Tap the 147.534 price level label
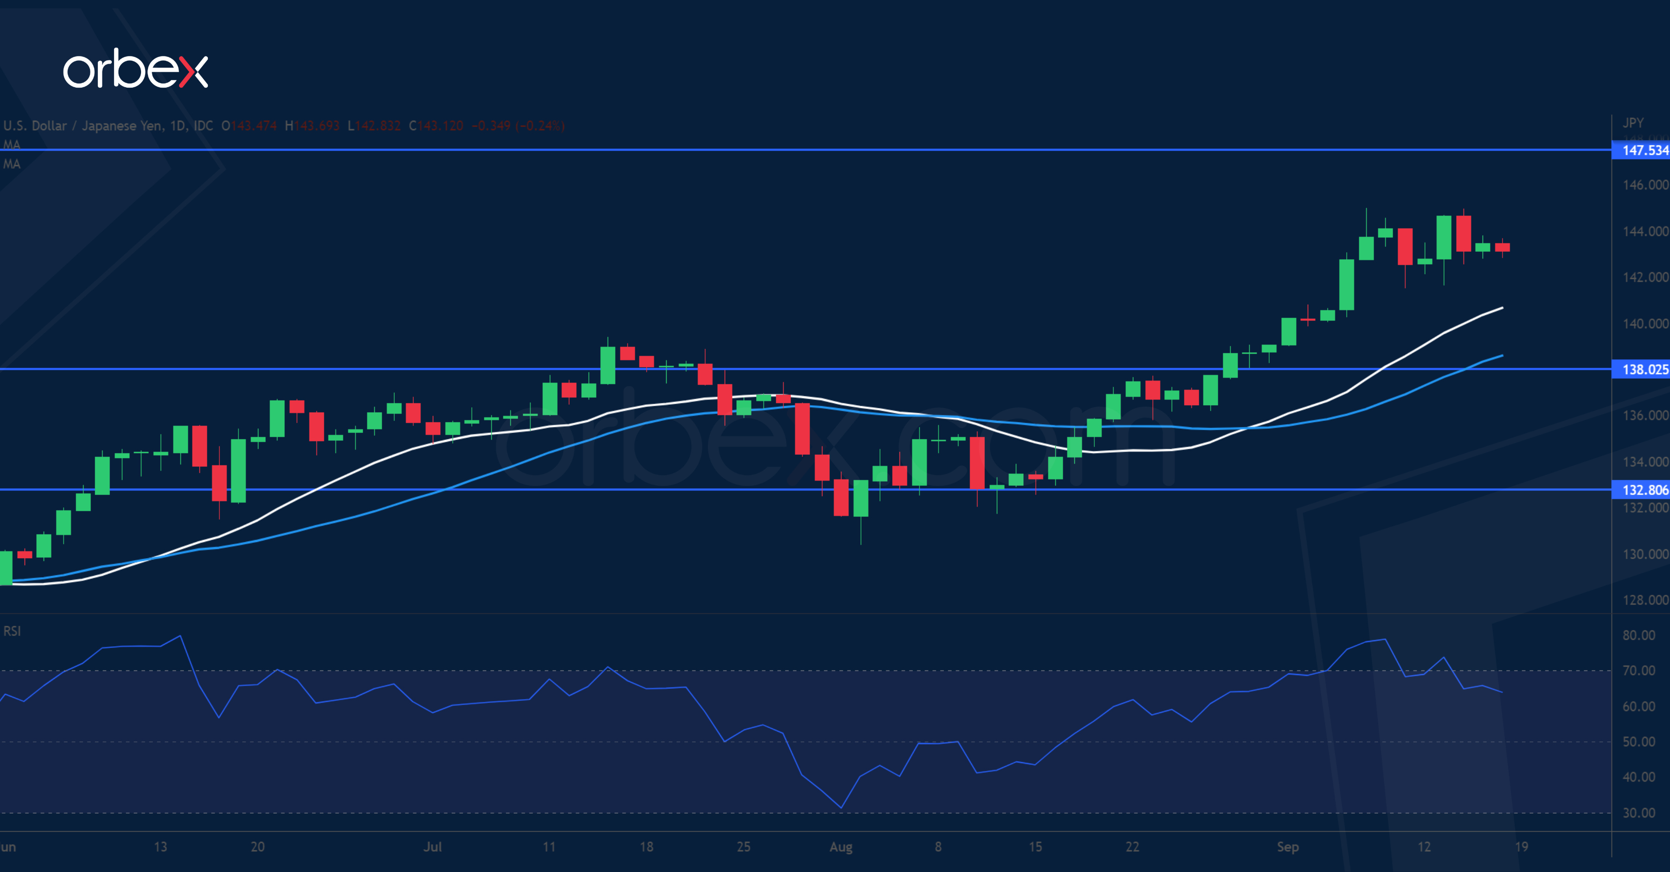coord(1644,150)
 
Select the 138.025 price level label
coord(1644,369)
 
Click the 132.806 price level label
coord(1644,490)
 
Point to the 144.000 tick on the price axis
coord(1644,231)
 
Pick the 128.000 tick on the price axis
coord(1644,600)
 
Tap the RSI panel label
coord(12,631)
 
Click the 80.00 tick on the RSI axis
coord(1638,636)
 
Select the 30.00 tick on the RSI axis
coord(1638,813)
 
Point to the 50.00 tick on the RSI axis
coord(1638,742)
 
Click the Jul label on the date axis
coord(432,847)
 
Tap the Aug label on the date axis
coord(841,847)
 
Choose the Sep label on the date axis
coord(1287,847)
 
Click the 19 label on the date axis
coord(1521,847)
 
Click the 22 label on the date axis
coord(1132,847)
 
